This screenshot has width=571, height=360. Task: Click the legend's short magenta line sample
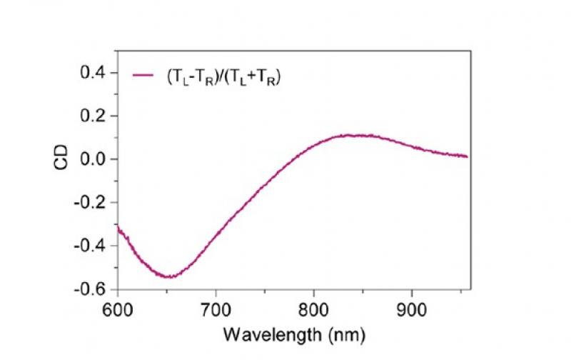tap(143, 74)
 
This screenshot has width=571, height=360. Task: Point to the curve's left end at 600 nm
tap(118, 228)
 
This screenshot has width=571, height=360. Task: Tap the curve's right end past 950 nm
tap(467, 156)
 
